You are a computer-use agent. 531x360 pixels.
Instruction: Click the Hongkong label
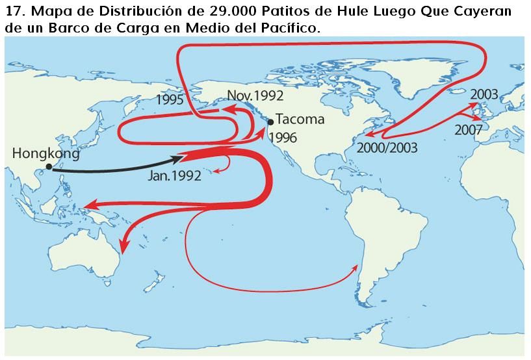[45, 154]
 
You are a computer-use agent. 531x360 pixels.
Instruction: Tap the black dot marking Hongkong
[49, 167]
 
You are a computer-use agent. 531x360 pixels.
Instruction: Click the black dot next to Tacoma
[270, 122]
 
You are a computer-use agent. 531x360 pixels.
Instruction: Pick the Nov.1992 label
[255, 96]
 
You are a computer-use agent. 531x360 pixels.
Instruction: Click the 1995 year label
[170, 100]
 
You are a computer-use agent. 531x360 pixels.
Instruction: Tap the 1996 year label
[282, 138]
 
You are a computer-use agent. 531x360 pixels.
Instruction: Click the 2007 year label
[468, 129]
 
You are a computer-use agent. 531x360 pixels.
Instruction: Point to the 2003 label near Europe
[484, 95]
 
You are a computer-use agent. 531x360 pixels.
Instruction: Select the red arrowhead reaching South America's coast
[355, 266]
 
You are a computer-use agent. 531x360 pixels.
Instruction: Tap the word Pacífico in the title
[291, 29]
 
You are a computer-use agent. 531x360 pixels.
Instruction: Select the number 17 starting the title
[13, 12]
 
